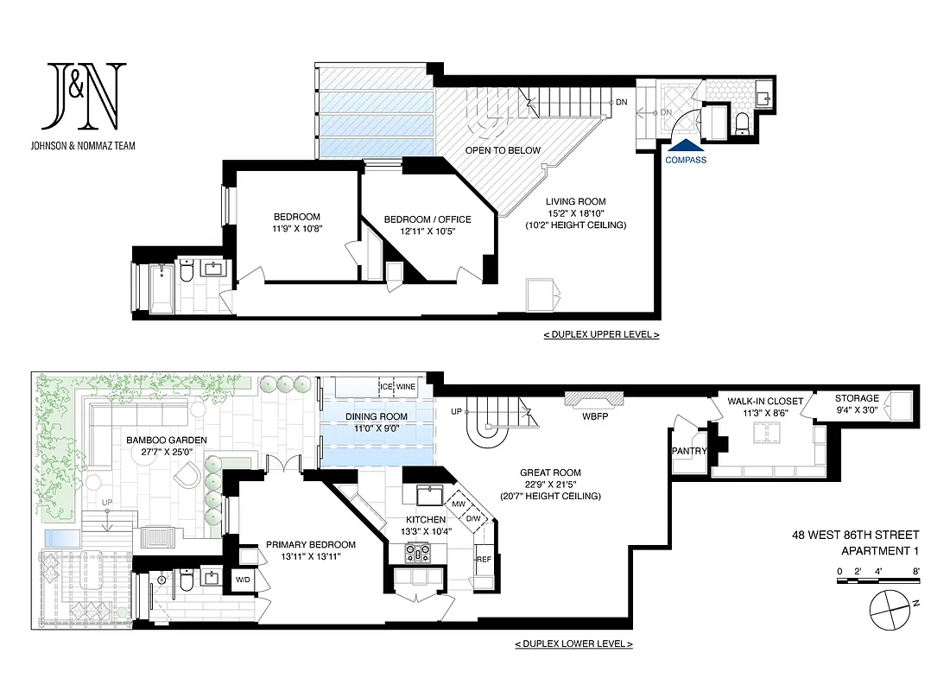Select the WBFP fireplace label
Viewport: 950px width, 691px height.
[593, 417]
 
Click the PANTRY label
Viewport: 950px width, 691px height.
[688, 451]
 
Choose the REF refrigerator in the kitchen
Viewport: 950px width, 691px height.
[484, 559]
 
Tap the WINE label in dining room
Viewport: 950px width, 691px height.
[407, 386]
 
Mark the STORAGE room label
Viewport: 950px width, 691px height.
[856, 398]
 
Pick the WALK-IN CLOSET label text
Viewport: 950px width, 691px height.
[764, 401]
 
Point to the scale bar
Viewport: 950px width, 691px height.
[879, 582]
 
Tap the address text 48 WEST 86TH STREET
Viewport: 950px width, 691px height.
[855, 536]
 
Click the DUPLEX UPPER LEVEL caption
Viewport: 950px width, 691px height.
[601, 334]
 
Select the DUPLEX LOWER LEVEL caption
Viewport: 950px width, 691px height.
[573, 643]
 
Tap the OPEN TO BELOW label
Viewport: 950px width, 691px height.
[503, 150]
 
